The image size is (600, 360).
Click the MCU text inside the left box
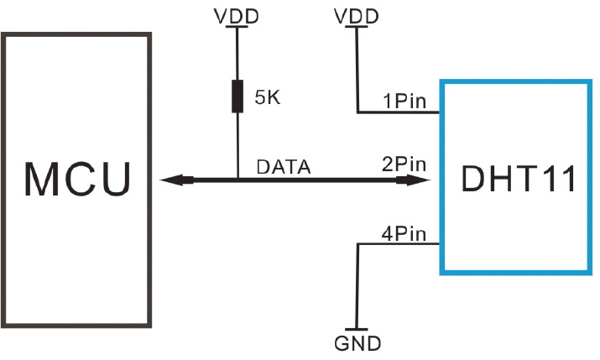(x=77, y=179)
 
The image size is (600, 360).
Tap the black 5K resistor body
(x=237, y=96)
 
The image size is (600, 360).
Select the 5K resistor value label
(x=268, y=97)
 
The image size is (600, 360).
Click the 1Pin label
(x=405, y=102)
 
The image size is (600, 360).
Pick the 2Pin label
(x=404, y=165)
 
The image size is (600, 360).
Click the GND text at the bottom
(x=357, y=343)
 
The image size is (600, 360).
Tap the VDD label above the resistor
(x=237, y=15)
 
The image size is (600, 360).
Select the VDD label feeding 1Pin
(x=356, y=15)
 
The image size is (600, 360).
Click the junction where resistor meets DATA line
(x=237, y=179)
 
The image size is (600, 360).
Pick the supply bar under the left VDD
(x=237, y=28)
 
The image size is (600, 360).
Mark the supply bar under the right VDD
(x=356, y=28)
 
